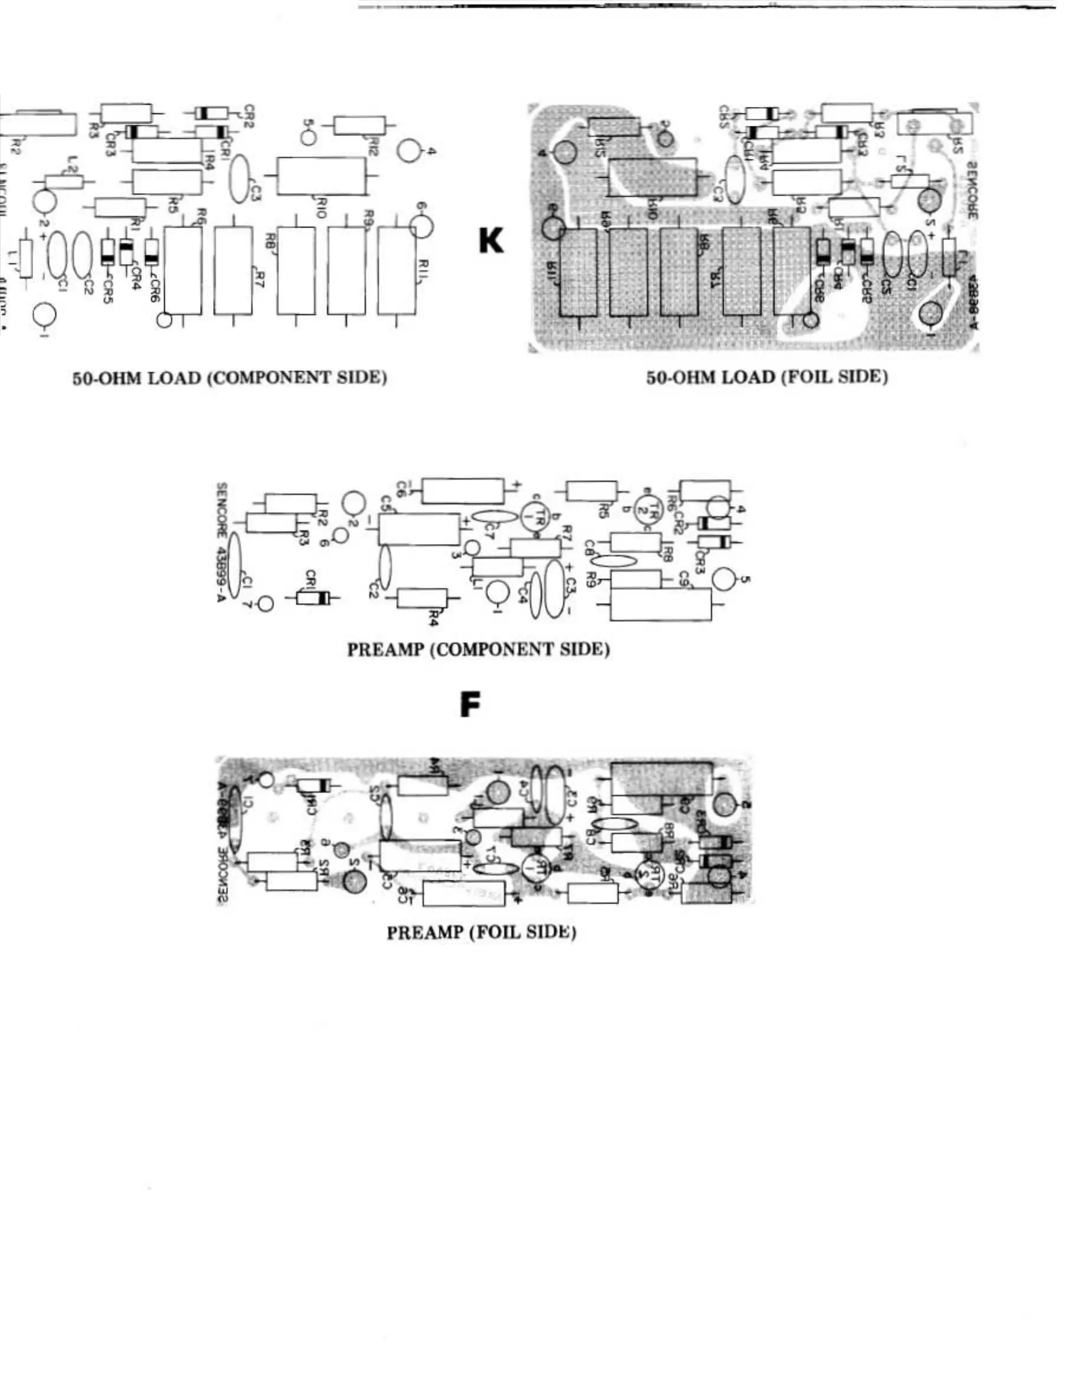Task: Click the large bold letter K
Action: (x=491, y=241)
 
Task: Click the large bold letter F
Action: (x=470, y=705)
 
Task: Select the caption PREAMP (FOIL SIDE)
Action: (x=481, y=933)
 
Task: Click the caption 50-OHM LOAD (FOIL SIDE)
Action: (x=766, y=377)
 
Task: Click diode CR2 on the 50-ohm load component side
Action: (x=211, y=113)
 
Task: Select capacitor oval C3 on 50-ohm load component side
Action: (x=239, y=180)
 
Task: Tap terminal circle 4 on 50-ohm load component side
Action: (x=410, y=151)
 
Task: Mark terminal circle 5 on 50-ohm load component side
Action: (x=308, y=137)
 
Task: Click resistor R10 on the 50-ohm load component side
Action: (x=321, y=175)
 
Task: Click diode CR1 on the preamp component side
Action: (x=314, y=597)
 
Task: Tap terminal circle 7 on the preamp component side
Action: (x=266, y=604)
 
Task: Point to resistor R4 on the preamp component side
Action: (x=422, y=598)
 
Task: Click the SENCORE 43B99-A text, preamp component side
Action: (x=221, y=543)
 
